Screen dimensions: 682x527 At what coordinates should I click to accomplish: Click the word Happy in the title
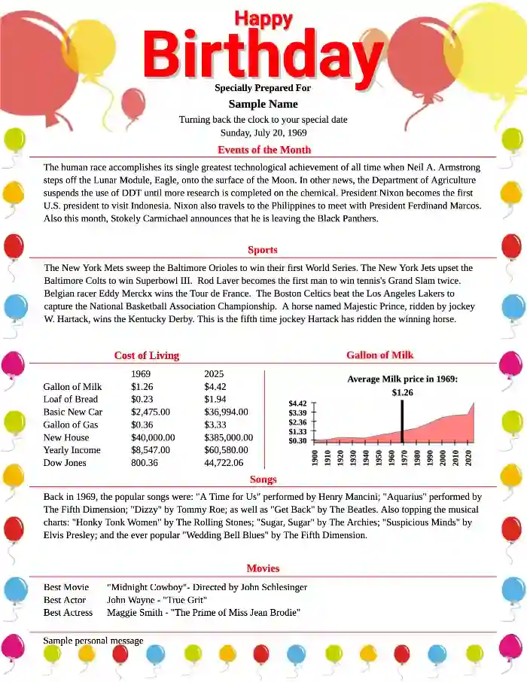pos(263,19)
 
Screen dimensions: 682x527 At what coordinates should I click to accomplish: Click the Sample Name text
pos(263,104)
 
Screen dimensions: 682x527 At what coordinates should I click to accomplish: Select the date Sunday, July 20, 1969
pos(263,132)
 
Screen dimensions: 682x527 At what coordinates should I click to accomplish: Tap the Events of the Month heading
pos(263,150)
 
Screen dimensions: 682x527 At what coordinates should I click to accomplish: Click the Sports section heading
pos(263,250)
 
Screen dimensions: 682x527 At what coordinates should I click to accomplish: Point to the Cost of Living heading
pos(147,355)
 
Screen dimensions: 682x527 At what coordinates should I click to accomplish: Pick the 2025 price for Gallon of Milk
pos(215,386)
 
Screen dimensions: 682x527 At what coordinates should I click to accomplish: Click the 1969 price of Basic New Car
pos(151,412)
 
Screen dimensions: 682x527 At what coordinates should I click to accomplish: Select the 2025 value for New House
pos(228,437)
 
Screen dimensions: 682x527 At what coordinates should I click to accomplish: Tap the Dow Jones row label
pos(65,463)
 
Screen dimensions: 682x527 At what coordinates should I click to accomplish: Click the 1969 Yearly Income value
pos(151,450)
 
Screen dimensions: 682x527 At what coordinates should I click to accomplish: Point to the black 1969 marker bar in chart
pos(403,422)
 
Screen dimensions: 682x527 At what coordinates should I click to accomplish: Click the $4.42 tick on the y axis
pos(298,403)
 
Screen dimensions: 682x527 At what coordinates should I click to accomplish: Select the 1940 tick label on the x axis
pos(365,457)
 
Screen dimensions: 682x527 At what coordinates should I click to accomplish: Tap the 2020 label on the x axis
pos(468,457)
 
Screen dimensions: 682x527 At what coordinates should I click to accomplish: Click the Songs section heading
pos(263,480)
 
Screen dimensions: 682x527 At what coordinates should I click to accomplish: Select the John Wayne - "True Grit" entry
pos(157,600)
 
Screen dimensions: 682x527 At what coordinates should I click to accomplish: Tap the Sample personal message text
pos(93,641)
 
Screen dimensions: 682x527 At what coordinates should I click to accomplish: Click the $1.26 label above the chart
pos(403,392)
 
